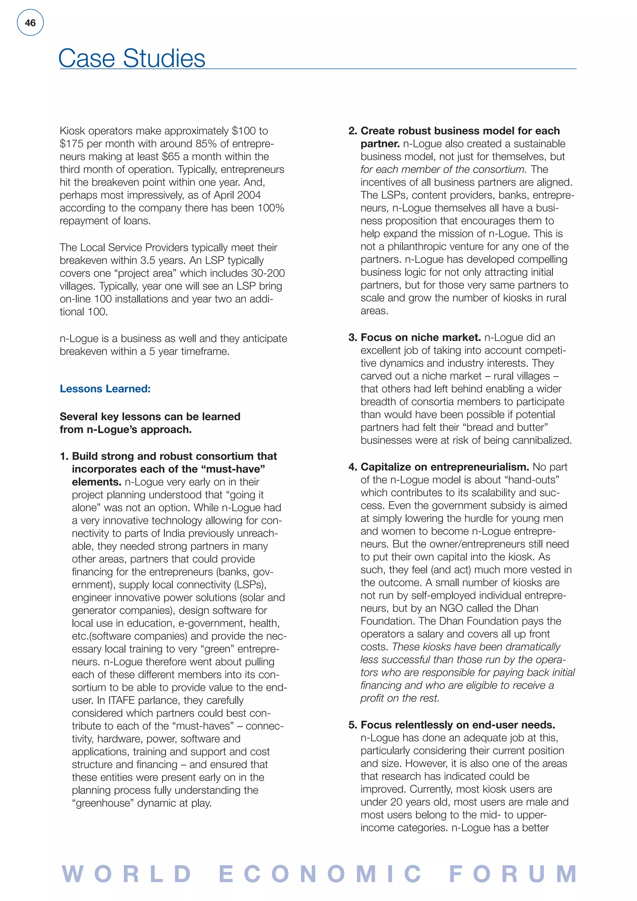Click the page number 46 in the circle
(30, 23)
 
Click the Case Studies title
(132, 58)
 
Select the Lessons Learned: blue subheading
(105, 389)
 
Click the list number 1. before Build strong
(64, 456)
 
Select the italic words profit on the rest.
(400, 698)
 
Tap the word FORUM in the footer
(513, 874)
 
